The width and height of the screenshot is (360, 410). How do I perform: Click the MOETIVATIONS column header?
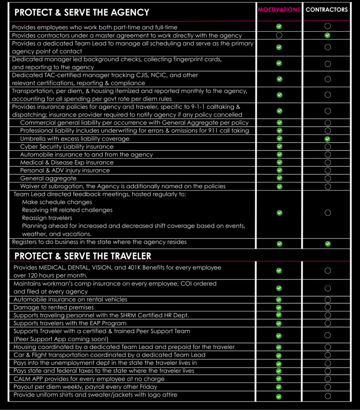coord(279,9)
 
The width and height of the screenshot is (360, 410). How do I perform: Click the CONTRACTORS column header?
coord(327,9)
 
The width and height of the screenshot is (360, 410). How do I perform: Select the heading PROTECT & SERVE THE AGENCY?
coord(82,12)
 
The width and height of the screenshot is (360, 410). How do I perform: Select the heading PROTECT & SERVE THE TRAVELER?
coord(82,256)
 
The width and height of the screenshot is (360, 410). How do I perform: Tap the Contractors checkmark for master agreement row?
coord(328,35)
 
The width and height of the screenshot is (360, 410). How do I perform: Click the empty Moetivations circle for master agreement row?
coord(279,35)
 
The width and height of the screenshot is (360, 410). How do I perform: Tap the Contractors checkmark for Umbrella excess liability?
coord(328,139)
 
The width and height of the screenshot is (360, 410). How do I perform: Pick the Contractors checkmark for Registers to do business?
coord(328,243)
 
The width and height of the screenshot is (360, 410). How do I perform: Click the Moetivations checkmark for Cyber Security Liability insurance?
coord(279,147)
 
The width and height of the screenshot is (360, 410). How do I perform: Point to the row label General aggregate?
coord(48,178)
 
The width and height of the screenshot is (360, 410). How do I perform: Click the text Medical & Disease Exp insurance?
coord(67,163)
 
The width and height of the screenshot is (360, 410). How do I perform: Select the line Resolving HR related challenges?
coord(67,210)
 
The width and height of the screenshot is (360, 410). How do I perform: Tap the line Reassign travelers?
coord(47,218)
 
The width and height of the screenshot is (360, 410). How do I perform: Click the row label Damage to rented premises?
coord(54,307)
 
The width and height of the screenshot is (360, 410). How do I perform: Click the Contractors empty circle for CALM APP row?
coord(328,379)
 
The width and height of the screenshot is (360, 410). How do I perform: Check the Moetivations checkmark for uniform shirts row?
coord(279,396)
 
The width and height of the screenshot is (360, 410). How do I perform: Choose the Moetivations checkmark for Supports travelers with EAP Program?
coord(279,323)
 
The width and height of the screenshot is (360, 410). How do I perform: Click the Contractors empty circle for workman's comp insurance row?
coord(328,288)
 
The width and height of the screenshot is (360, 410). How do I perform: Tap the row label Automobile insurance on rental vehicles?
coord(70,299)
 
